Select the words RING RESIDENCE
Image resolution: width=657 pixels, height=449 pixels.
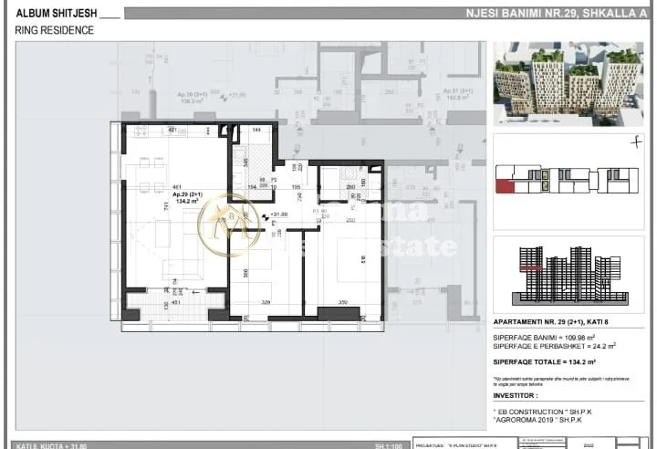(54, 30)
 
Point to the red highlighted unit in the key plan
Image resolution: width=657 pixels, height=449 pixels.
(505, 187)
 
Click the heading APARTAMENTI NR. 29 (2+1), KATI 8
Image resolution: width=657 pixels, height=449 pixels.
(556, 323)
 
